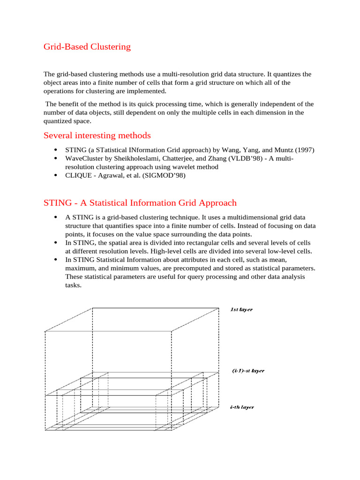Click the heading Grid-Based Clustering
click(87, 47)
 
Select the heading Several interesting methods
click(97, 135)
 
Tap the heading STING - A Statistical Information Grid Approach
click(140, 203)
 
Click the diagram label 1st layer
click(241, 309)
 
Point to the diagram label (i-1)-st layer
click(248, 371)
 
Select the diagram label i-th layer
click(242, 407)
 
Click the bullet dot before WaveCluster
click(56, 158)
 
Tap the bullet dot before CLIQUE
click(56, 175)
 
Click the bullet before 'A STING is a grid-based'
click(56, 217)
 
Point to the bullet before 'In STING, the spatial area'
click(56, 243)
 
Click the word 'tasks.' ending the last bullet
click(73, 285)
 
